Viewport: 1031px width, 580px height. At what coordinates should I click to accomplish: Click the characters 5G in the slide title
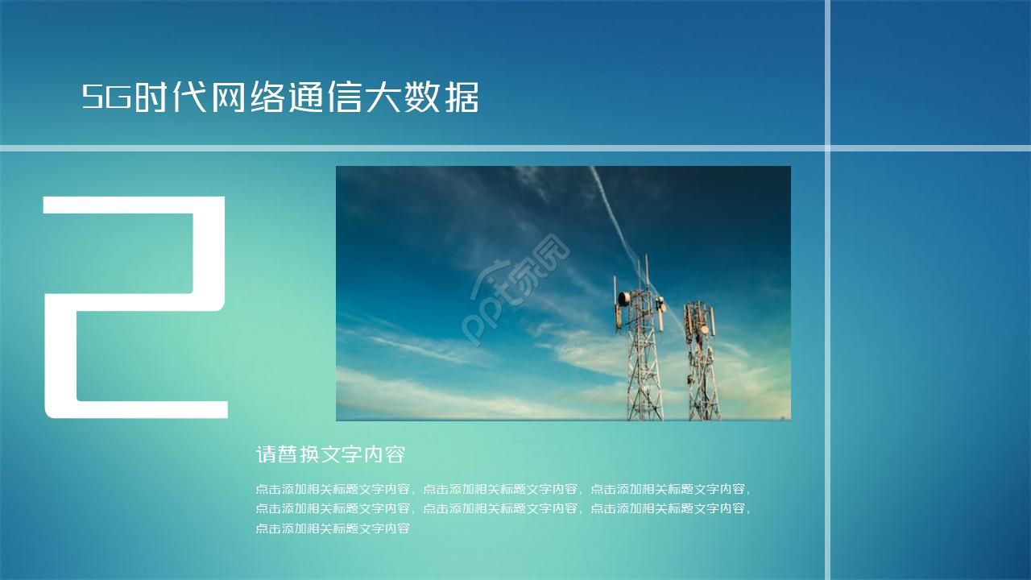point(107,98)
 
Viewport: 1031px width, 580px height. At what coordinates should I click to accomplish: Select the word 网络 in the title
point(248,98)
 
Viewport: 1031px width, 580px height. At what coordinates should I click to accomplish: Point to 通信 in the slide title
point(326,98)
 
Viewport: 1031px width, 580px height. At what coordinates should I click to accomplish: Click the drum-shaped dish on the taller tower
point(624,299)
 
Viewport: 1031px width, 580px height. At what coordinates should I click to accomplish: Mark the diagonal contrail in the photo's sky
point(612,209)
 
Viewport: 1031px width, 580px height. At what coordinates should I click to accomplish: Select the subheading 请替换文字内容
point(329,454)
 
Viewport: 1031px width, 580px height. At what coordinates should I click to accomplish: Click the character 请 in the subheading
point(266,454)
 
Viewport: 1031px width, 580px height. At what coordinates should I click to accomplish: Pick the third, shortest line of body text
point(333,528)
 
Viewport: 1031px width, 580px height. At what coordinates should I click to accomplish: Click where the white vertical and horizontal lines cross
point(827,147)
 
